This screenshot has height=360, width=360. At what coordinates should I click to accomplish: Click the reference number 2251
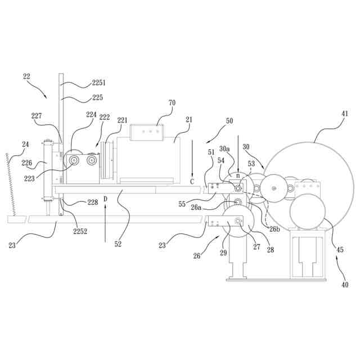[x=98, y=83]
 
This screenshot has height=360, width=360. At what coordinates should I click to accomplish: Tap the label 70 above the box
[x=172, y=103]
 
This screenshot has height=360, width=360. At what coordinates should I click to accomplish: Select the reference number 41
[x=344, y=114]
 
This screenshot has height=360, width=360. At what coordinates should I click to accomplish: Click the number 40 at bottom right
[x=344, y=285]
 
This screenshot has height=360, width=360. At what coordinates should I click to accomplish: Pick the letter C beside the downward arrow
[x=192, y=181]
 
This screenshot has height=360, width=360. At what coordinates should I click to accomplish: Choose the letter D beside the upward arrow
[x=105, y=199]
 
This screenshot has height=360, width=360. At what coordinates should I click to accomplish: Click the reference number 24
[x=25, y=145]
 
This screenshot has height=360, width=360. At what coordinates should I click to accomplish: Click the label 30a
[x=224, y=149]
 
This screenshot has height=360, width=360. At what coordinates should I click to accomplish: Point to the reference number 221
[x=122, y=120]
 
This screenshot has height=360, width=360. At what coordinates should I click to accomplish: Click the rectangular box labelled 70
[x=147, y=132]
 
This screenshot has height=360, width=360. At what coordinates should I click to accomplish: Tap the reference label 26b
[x=274, y=228]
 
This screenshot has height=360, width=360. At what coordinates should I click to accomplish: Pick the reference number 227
[x=37, y=116]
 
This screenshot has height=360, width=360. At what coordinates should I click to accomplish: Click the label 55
[x=182, y=204]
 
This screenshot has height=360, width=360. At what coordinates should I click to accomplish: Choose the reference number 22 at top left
[x=26, y=76]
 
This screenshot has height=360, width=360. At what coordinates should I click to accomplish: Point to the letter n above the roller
[x=237, y=175]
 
